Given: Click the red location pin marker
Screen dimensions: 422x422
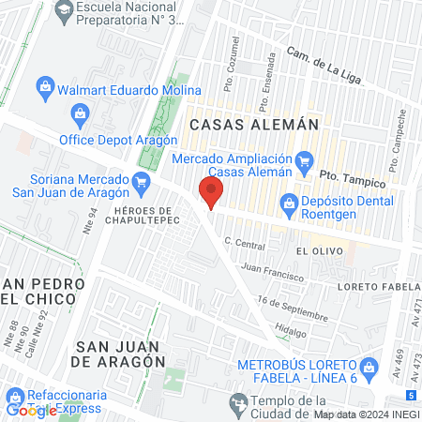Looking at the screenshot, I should click(x=211, y=193).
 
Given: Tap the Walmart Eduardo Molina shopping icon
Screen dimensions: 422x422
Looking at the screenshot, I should click(x=44, y=89).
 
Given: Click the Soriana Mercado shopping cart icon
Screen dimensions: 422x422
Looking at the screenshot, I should click(x=142, y=180).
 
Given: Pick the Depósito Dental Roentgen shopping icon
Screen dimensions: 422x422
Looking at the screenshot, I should click(x=290, y=203).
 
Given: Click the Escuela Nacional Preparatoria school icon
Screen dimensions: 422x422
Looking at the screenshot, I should click(x=63, y=11).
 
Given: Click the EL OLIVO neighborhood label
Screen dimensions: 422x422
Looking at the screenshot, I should click(x=314, y=252).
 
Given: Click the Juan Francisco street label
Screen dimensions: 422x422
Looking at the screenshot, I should click(x=272, y=272).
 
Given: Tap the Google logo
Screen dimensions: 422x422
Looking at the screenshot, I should click(x=31, y=411).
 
